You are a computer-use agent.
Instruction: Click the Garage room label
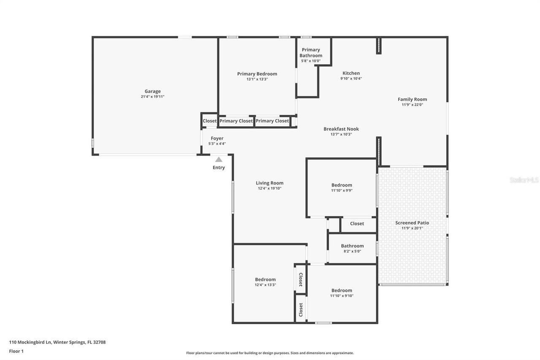tap(152, 91)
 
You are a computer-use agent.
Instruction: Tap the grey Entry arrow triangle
tap(219, 160)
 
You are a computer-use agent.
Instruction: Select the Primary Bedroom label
tap(257, 74)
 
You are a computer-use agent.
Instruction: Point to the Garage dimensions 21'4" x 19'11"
tap(152, 97)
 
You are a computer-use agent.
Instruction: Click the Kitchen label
tap(351, 73)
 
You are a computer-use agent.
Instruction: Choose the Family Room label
tap(412, 99)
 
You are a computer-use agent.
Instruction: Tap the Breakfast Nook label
tap(341, 129)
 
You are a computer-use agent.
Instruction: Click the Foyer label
tap(217, 138)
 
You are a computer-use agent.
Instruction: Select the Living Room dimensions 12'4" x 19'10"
tap(270, 189)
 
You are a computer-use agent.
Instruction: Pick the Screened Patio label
tap(412, 223)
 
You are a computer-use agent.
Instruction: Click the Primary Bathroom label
tap(311, 53)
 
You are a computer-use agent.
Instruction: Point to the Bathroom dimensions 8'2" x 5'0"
tap(352, 252)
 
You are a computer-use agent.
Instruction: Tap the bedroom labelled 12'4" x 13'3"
tap(265, 279)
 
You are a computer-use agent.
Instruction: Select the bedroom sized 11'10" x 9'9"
tap(341, 185)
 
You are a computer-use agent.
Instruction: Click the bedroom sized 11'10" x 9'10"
tap(341, 290)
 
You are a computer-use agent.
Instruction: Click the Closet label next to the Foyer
tap(209, 121)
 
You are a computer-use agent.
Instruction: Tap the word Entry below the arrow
tap(219, 168)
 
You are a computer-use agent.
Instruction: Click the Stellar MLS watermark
tap(524, 180)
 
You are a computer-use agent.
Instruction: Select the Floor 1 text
tap(16, 351)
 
